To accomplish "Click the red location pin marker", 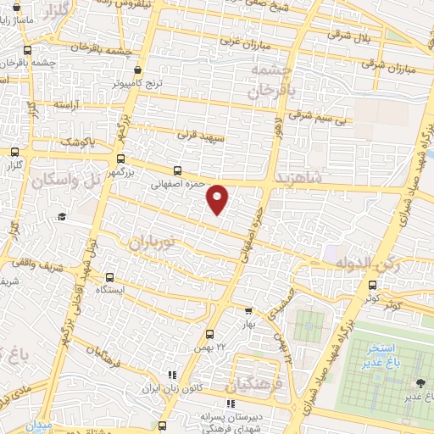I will pos(218,198).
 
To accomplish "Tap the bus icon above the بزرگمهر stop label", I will pos(120,158).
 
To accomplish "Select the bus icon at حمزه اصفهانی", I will pos(177,170).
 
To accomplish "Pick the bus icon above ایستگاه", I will pos(109,277).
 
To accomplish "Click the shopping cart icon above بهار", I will pos(248,310).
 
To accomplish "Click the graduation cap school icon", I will pos(61,217).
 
